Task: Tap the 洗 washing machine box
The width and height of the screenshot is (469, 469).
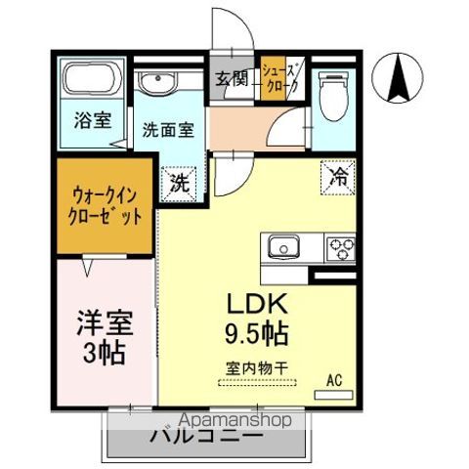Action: [180, 182]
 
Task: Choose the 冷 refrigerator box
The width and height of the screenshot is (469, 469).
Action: [339, 178]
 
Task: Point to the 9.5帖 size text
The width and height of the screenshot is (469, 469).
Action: [256, 332]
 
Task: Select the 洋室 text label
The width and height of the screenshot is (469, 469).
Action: [106, 321]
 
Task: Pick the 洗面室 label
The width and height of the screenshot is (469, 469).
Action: [167, 128]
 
